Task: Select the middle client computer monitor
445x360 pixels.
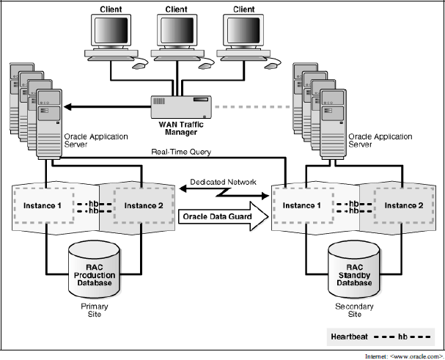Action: [x=176, y=32]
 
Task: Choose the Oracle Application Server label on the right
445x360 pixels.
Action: [x=381, y=140]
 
